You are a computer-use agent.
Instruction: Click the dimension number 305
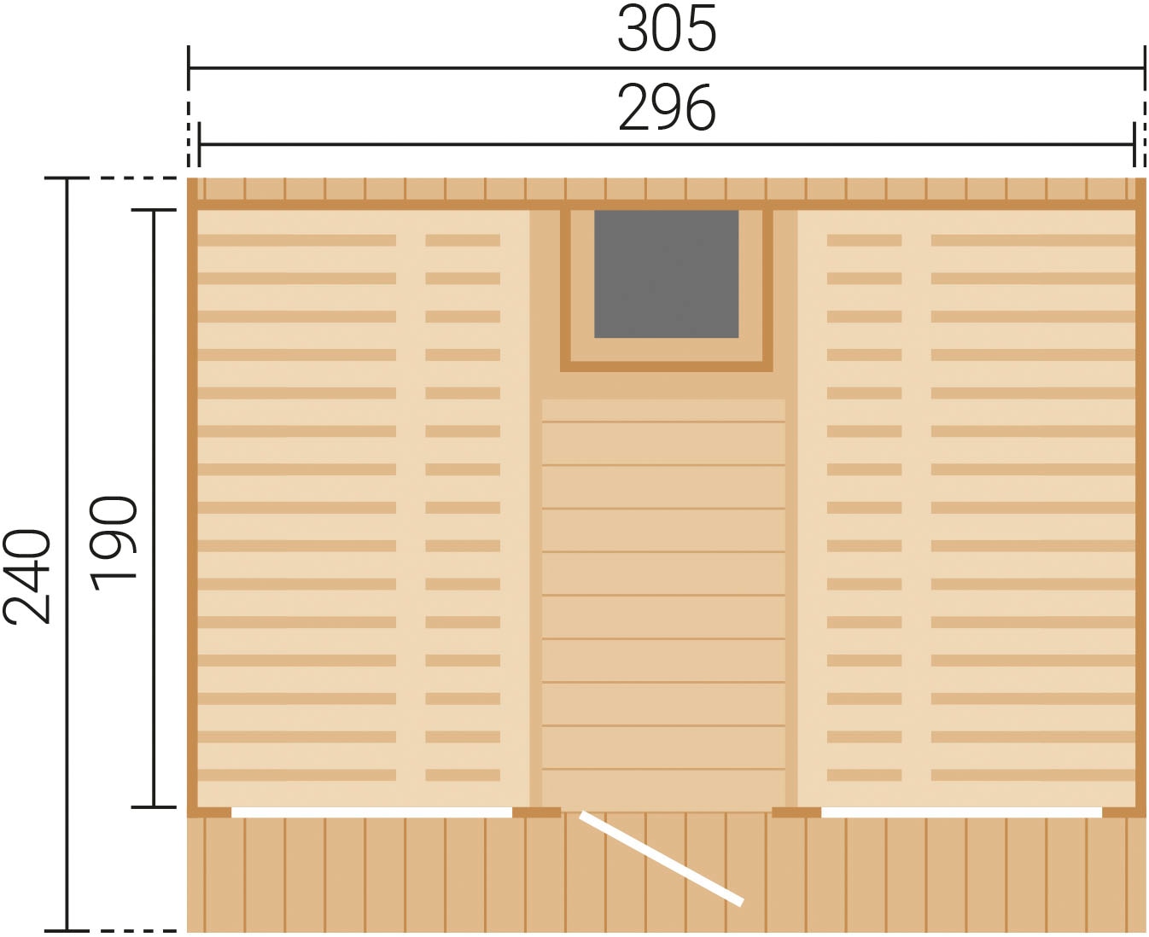click(667, 28)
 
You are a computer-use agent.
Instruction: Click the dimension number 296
click(667, 108)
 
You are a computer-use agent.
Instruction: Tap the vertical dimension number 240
click(26, 576)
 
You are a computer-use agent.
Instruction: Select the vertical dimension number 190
click(114, 544)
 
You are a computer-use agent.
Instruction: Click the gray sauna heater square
click(667, 274)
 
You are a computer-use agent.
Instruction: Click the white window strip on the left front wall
click(371, 812)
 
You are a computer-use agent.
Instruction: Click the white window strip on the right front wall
click(961, 812)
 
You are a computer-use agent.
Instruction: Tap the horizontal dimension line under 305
click(667, 68)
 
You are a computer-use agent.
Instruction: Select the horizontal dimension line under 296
click(667, 145)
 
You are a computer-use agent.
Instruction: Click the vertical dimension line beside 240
click(67, 555)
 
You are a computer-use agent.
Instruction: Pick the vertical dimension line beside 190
click(154, 509)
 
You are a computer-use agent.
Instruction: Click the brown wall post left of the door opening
click(537, 812)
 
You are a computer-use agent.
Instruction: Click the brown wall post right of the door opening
click(796, 812)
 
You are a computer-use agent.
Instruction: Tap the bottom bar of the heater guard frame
click(667, 367)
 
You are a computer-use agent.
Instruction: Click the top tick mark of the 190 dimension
click(154, 210)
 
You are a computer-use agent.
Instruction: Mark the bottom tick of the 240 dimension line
click(67, 931)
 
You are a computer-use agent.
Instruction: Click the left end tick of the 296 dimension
click(199, 145)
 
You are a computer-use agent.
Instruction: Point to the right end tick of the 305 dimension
click(1146, 68)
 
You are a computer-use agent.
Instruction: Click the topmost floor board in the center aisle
click(663, 410)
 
